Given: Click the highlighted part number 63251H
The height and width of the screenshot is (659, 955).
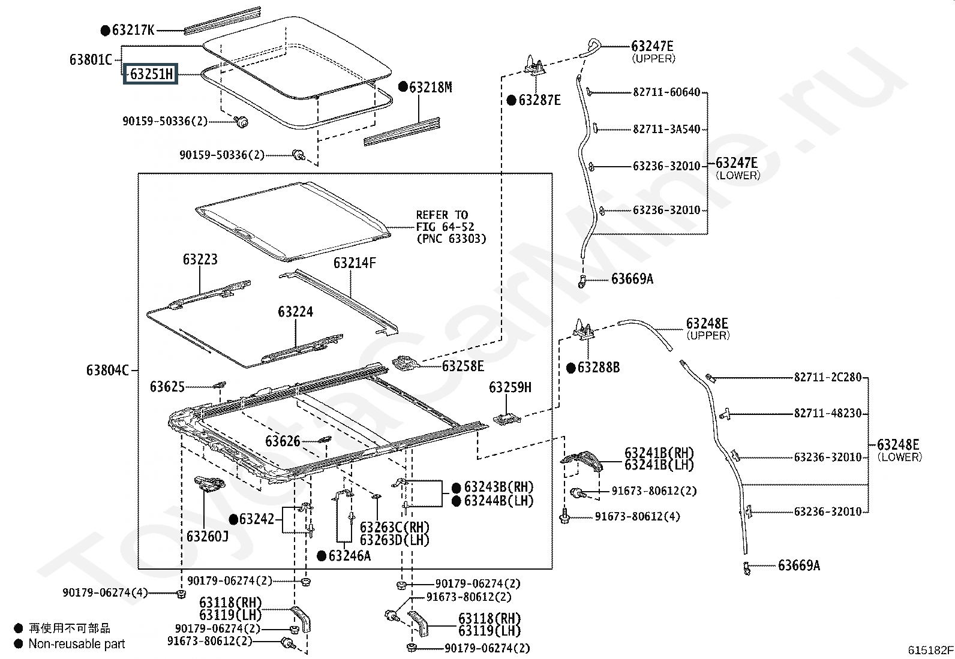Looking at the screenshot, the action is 151,74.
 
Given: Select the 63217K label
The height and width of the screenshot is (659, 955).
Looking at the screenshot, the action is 133,30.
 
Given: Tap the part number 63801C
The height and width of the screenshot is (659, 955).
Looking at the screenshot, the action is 91,59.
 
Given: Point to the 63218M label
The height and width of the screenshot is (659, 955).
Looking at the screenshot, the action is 431,88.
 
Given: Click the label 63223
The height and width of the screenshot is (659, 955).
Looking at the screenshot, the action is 200,259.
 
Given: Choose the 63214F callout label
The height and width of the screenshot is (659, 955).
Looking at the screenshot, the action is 355,263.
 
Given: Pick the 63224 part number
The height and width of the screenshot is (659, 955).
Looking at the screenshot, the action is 296,312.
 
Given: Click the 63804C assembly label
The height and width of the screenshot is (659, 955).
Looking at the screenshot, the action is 107,370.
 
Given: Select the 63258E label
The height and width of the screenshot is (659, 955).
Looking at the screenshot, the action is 463,366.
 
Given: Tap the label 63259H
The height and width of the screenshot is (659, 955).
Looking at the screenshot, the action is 510,387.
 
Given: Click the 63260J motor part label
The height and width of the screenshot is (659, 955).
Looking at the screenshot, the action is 208,536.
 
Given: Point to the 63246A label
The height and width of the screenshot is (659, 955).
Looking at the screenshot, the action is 350,556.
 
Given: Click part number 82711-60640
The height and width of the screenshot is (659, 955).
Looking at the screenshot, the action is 667,92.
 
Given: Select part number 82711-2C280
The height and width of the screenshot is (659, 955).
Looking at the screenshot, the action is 828,377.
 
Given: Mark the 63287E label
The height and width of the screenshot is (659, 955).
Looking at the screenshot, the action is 540,101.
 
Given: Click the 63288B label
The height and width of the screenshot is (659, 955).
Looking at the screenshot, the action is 599,368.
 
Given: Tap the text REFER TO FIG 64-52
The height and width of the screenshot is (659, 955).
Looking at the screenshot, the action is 445,221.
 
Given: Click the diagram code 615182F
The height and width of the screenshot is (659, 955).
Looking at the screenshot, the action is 930,650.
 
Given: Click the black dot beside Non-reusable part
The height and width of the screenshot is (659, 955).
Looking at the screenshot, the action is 19,643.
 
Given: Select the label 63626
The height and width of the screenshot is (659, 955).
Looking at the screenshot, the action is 283,441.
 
